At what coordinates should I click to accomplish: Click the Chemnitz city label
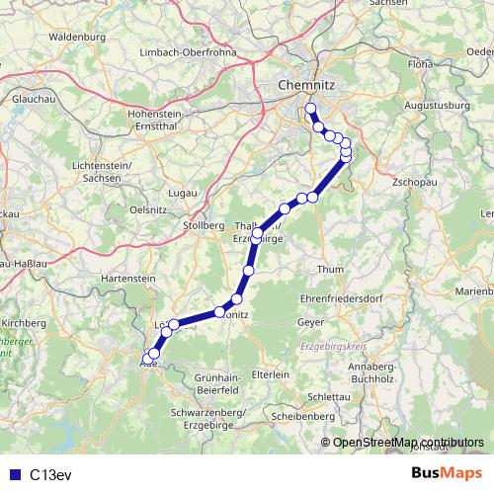tap(303, 85)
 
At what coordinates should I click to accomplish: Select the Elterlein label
tap(270, 375)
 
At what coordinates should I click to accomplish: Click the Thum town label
tap(330, 268)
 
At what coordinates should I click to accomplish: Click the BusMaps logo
tap(448, 473)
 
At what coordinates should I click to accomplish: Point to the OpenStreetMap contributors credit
tap(408, 443)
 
